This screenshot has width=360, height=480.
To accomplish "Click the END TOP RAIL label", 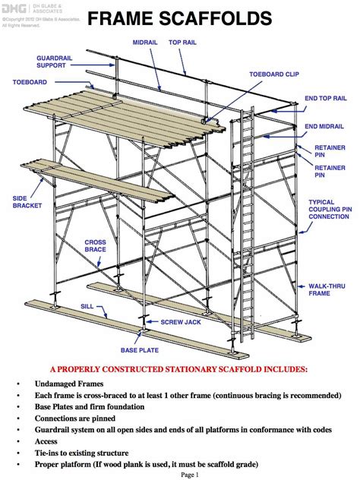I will coord(326,98).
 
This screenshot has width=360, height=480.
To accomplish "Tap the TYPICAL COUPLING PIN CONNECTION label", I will coord(328,210).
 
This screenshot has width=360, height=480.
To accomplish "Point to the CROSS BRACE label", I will coord(95,246).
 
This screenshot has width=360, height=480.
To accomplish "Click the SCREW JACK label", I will coord(180,322).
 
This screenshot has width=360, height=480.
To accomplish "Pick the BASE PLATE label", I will coord(140,351).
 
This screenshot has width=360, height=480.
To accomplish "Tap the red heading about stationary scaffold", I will coord(179,370).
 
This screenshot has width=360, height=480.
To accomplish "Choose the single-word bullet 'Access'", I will coord(47,441).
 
